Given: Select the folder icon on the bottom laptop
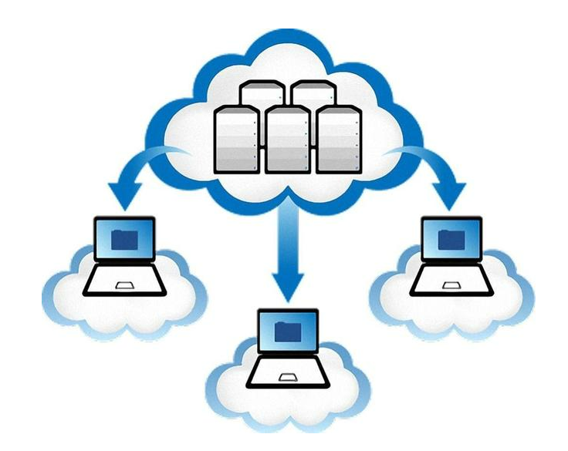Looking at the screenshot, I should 288,331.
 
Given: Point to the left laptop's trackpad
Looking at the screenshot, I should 123,286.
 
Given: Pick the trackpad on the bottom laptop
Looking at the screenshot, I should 288,377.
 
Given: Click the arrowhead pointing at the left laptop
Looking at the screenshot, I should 120,190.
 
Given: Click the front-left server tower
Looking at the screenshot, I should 235,139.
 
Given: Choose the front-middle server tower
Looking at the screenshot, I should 287,140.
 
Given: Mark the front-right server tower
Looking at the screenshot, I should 338,140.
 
